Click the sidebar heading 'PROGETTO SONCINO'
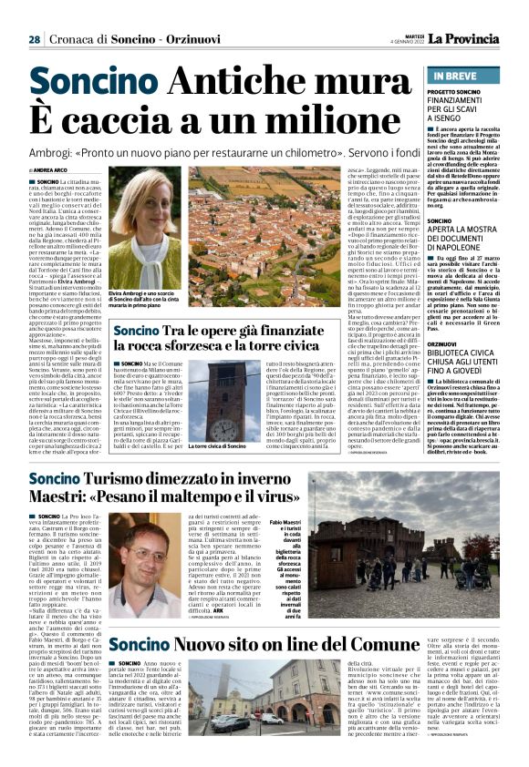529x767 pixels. pyautogui.click(x=455, y=93)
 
